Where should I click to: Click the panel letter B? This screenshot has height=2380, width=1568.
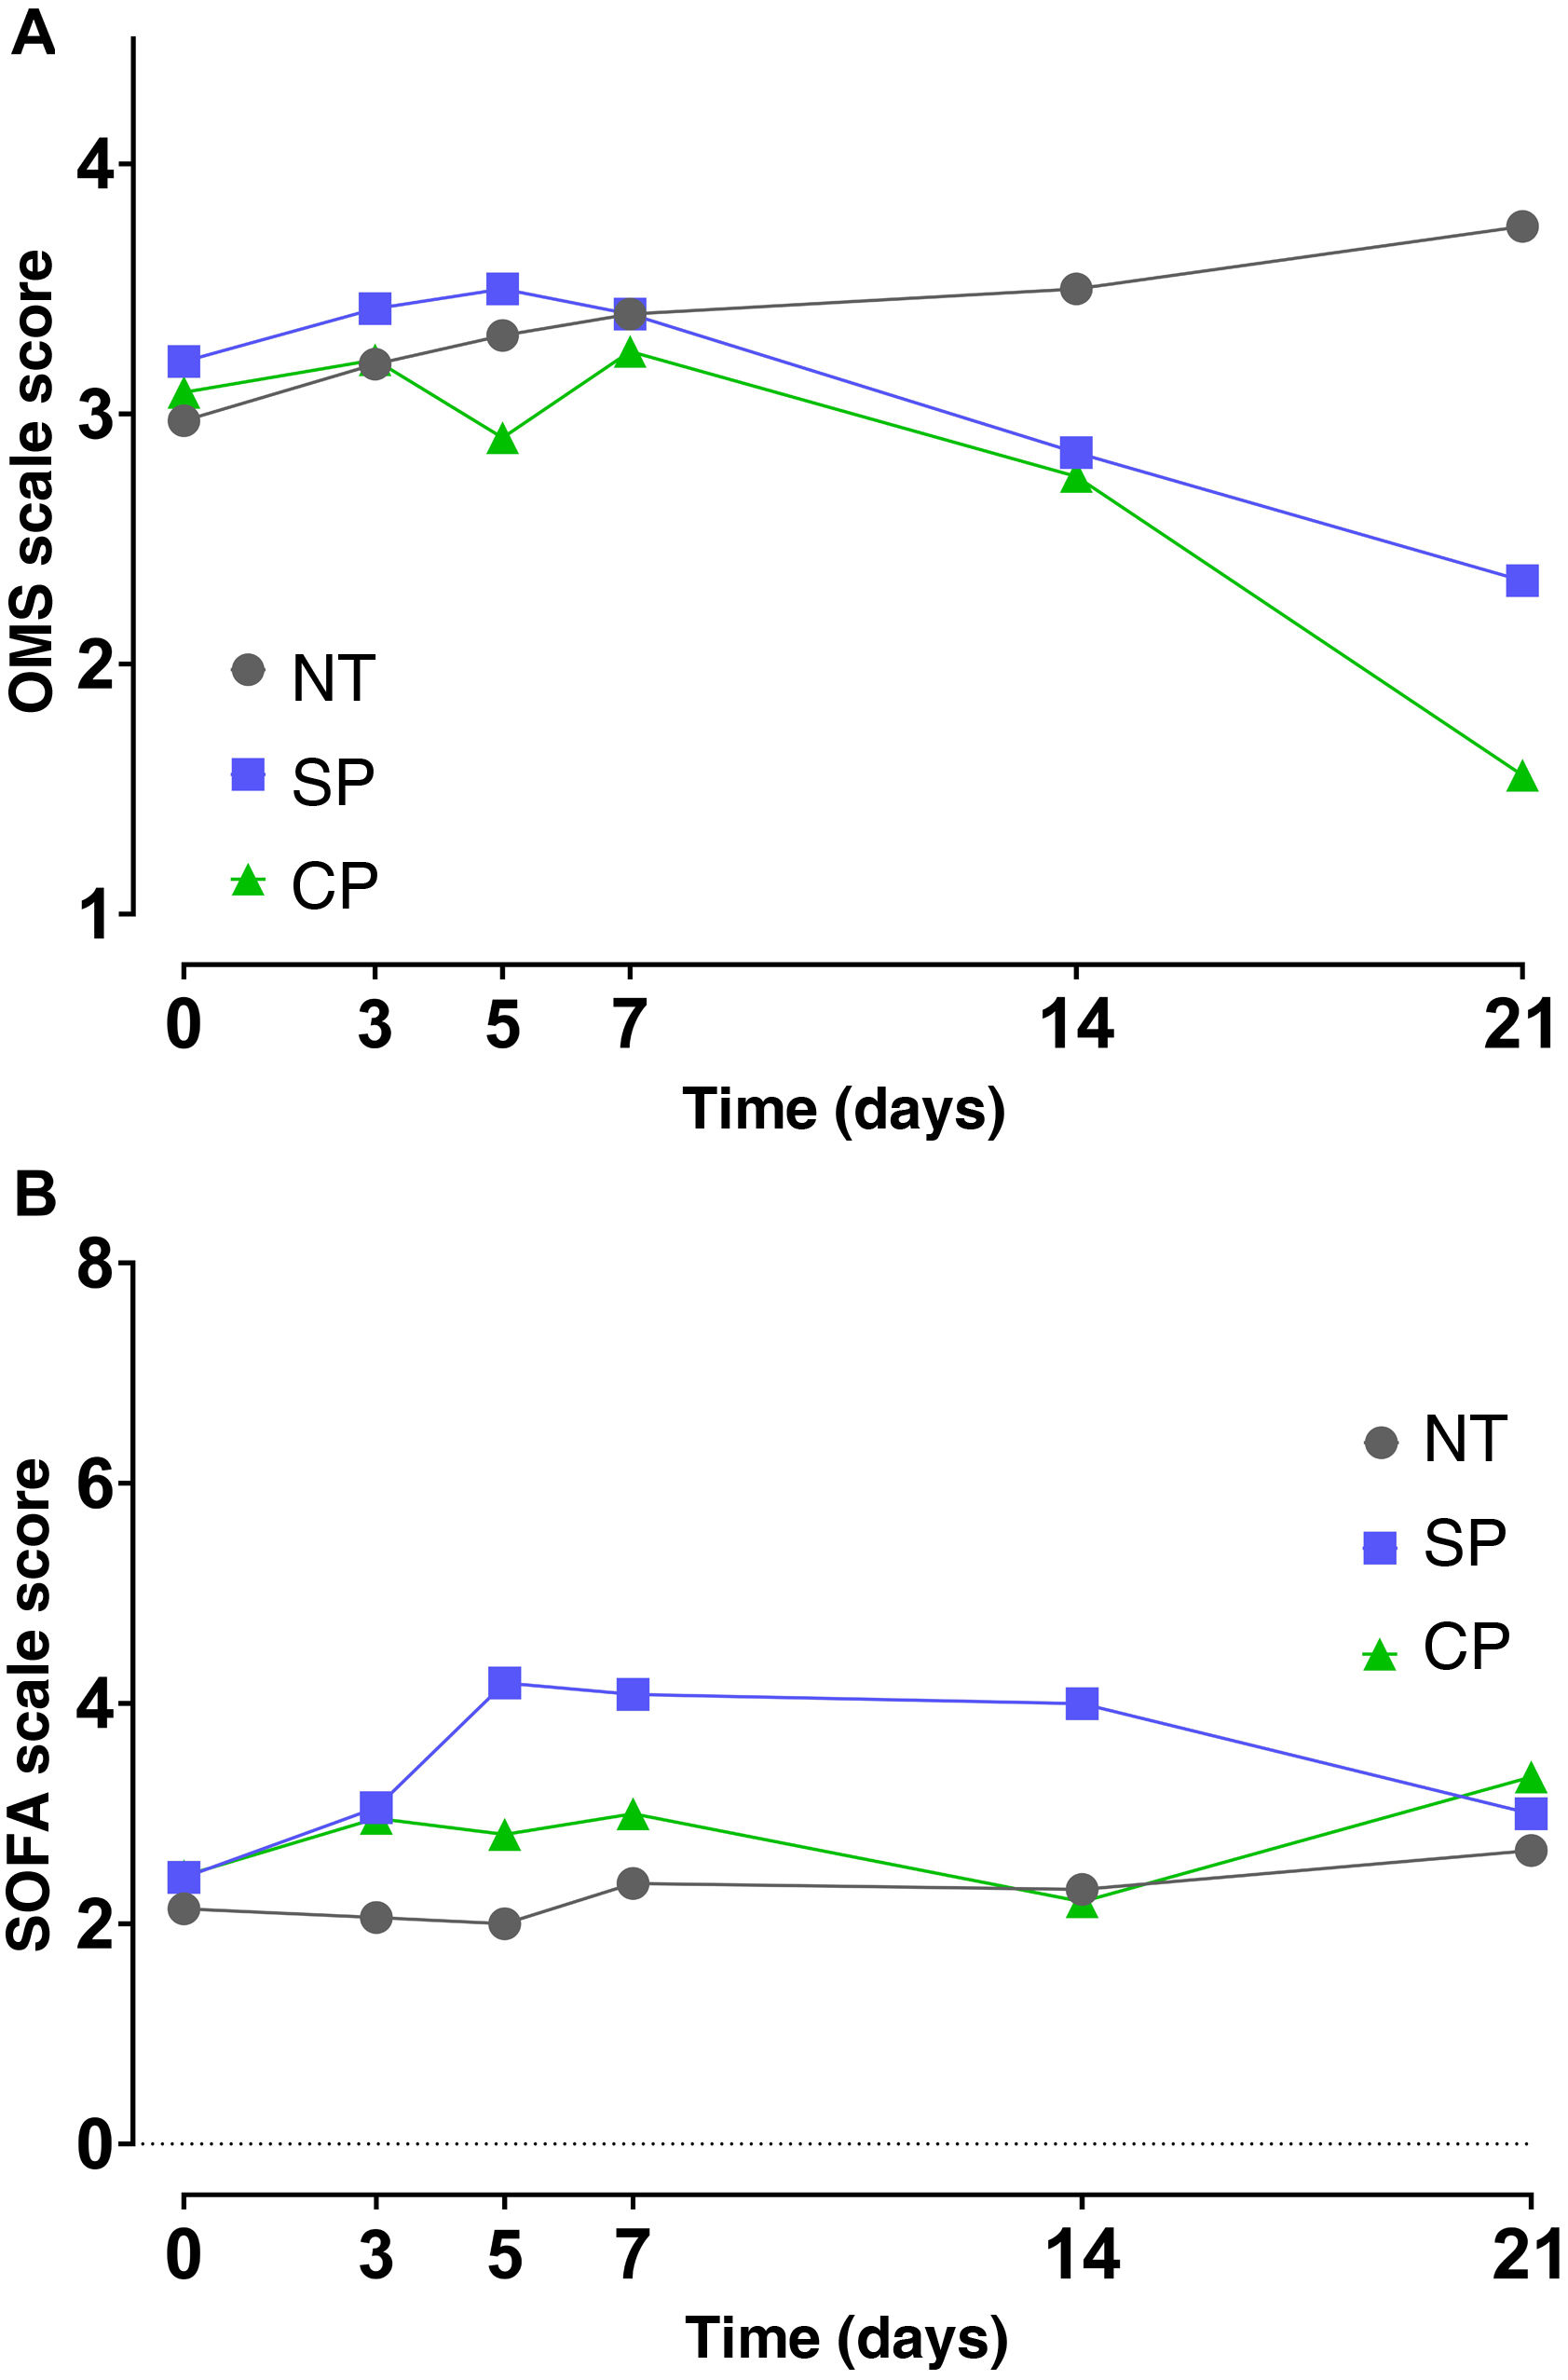pos(35,1194)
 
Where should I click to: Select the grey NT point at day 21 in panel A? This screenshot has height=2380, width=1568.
pos(1521,226)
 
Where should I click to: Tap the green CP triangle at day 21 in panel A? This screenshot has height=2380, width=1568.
pos(1521,777)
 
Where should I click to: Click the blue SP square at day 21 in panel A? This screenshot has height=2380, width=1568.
pos(1521,580)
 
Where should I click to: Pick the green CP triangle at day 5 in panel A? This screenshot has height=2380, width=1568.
pos(503,440)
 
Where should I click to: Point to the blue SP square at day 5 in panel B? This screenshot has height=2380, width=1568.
pos(505,1682)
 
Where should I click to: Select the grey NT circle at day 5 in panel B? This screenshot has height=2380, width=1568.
pos(505,1923)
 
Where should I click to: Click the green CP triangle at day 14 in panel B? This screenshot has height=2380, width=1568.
pos(1082,1904)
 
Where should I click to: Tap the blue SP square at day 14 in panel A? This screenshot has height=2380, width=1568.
pos(1076,452)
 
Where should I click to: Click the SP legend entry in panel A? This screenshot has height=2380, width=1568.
pos(305,781)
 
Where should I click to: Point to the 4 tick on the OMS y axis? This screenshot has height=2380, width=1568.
pos(96,165)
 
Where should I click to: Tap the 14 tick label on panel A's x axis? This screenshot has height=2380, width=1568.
pos(1076,1025)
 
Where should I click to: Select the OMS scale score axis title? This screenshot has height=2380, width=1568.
pos(32,480)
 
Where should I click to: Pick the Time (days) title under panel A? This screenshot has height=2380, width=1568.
pos(843,1110)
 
